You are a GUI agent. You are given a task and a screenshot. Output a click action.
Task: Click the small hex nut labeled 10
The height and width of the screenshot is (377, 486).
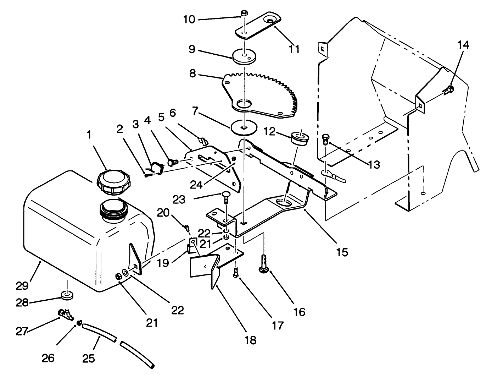244,14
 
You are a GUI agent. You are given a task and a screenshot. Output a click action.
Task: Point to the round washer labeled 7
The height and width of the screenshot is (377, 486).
244,127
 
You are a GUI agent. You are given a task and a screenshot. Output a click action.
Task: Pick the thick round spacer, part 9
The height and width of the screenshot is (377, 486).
244,56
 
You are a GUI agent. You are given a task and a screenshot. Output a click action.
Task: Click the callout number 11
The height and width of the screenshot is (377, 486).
294,48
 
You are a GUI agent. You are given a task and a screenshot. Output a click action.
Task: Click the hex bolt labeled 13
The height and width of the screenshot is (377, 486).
325,140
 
